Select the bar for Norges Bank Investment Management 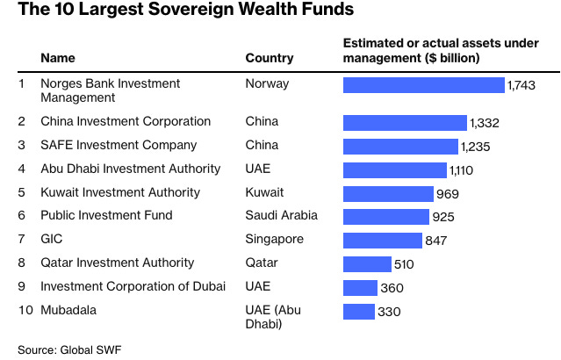click(x=423, y=85)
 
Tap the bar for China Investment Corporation click(x=405, y=122)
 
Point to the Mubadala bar click(x=359, y=311)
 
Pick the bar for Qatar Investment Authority click(x=367, y=263)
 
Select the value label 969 click(x=447, y=194)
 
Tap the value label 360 click(x=392, y=288)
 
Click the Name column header click(x=58, y=58)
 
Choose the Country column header click(x=270, y=58)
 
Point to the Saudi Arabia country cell click(x=282, y=215)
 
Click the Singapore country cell click(x=275, y=239)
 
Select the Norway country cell click(x=267, y=83)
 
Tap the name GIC click(x=52, y=239)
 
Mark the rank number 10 click(x=25, y=309)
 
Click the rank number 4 click(x=21, y=169)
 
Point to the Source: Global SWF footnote click(x=69, y=349)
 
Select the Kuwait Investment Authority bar click(x=388, y=193)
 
